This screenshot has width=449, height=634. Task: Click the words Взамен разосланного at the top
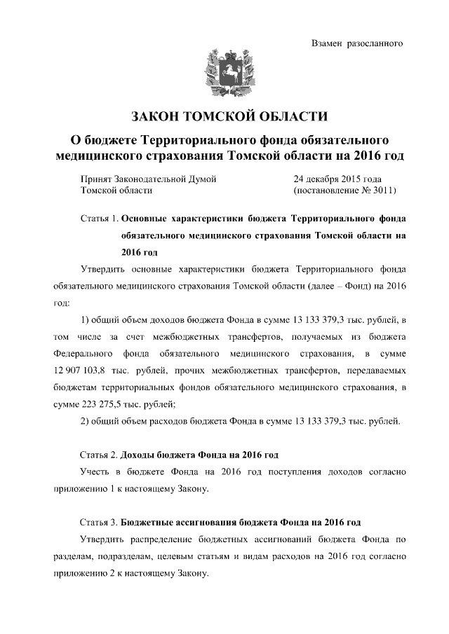pyautogui.click(x=356, y=44)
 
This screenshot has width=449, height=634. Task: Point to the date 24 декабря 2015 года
pyautogui.click(x=337, y=179)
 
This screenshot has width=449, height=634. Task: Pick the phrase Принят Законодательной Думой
pyautogui.click(x=149, y=179)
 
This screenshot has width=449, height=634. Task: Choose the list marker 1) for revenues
pyautogui.click(x=87, y=320)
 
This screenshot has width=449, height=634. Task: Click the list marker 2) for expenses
pyautogui.click(x=87, y=421)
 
